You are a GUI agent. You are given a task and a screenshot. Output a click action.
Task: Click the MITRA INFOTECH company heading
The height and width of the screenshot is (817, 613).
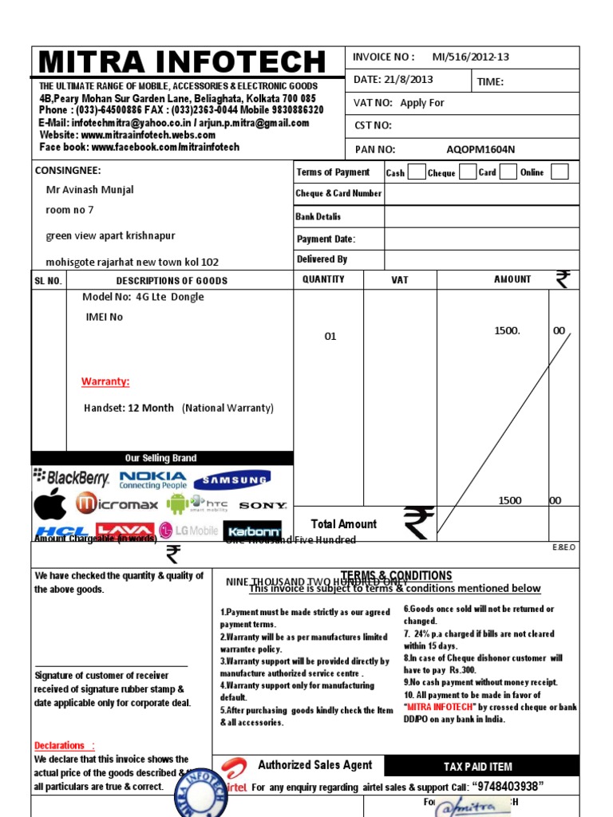pyautogui.click(x=183, y=62)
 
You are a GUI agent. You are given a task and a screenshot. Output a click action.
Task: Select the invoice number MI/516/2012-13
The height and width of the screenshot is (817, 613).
pyautogui.click(x=470, y=57)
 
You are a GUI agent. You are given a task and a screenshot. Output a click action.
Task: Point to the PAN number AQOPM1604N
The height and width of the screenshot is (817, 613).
pyautogui.click(x=481, y=149)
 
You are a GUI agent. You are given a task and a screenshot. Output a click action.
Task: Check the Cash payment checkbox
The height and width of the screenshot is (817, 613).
pyautogui.click(x=416, y=172)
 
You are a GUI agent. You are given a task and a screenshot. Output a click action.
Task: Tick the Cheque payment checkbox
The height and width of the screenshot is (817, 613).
pyautogui.click(x=467, y=172)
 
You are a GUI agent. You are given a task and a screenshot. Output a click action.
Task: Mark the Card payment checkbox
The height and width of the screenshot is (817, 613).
pyautogui.click(x=508, y=172)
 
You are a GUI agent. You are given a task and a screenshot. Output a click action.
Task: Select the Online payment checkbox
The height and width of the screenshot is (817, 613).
pyautogui.click(x=560, y=172)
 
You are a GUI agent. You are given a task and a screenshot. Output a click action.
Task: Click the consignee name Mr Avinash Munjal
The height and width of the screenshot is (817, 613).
pyautogui.click(x=89, y=190)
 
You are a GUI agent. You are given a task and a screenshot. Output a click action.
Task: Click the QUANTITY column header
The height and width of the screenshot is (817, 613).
pyautogui.click(x=323, y=279)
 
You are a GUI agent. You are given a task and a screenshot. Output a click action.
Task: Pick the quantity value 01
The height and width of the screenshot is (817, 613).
pyautogui.click(x=330, y=337)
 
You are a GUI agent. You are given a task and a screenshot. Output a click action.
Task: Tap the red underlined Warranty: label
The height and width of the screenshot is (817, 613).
pyautogui.click(x=105, y=381)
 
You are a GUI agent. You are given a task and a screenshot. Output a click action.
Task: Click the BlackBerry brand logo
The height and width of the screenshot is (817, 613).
pyautogui.click(x=72, y=478)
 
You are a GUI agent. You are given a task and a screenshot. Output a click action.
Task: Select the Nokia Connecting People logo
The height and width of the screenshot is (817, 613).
pyautogui.click(x=152, y=480)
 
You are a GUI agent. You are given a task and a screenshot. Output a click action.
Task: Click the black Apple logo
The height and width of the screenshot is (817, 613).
pyautogui.click(x=49, y=504)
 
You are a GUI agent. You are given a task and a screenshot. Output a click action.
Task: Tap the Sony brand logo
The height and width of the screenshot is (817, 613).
pyautogui.click(x=263, y=505)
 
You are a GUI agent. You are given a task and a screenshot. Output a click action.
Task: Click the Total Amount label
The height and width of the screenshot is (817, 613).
pyautogui.click(x=343, y=524)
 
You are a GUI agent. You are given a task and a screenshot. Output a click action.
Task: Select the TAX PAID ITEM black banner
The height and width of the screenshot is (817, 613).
pyautogui.click(x=478, y=767)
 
